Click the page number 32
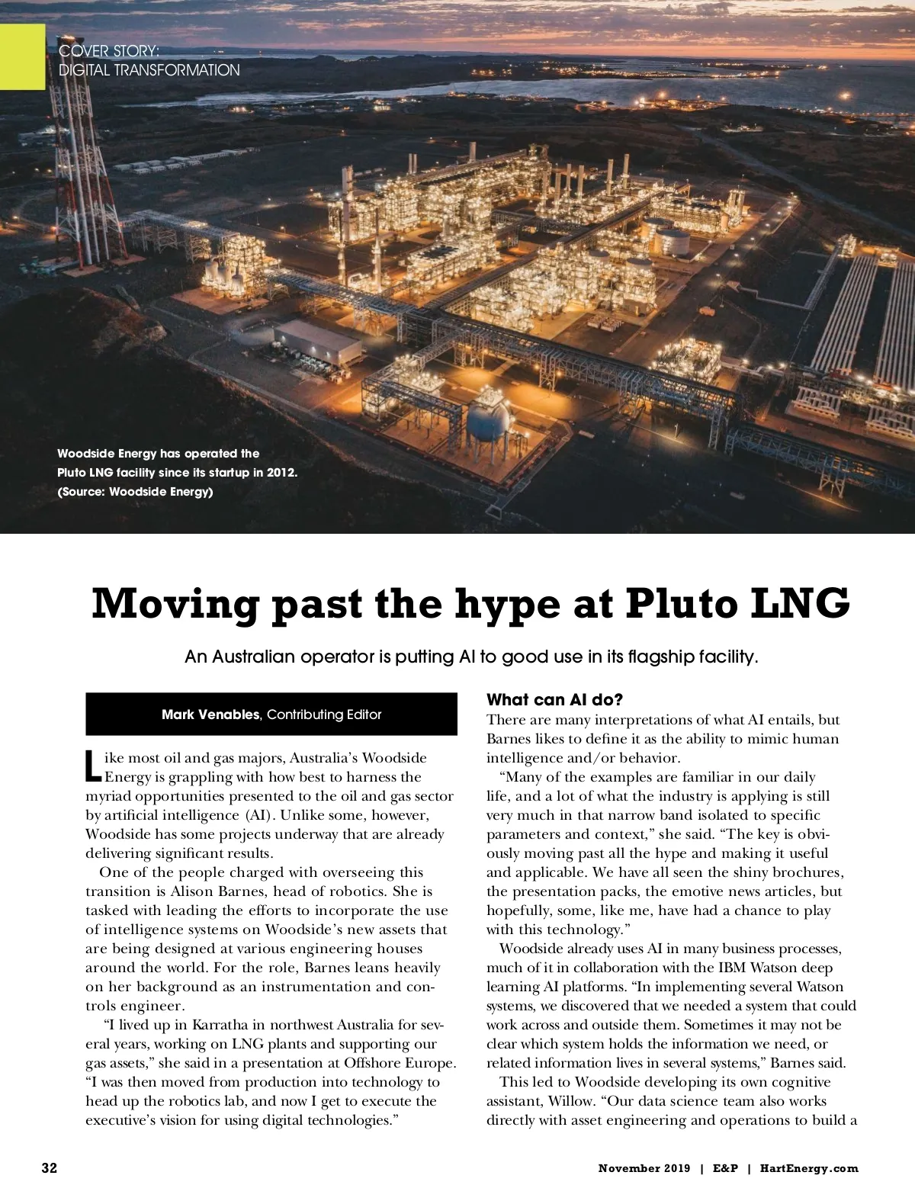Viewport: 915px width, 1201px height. click(x=49, y=1168)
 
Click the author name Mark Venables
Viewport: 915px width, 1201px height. click(x=210, y=714)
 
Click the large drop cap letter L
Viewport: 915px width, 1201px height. click(x=92, y=767)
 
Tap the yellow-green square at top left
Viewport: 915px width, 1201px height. click(x=22, y=56)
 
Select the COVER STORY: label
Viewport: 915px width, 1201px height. click(x=109, y=51)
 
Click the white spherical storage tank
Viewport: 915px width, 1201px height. click(x=488, y=419)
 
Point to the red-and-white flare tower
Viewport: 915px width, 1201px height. click(x=79, y=175)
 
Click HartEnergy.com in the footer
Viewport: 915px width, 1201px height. click(x=809, y=1168)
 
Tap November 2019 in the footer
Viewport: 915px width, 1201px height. click(x=644, y=1168)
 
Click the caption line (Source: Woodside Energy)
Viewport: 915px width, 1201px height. click(x=135, y=492)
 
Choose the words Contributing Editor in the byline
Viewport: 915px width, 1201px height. click(x=324, y=714)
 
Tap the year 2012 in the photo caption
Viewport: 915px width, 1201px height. click(x=280, y=473)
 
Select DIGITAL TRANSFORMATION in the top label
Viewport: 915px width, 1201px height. click(x=149, y=70)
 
